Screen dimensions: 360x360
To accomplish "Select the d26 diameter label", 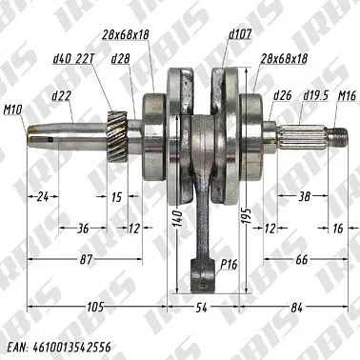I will (281, 95).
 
